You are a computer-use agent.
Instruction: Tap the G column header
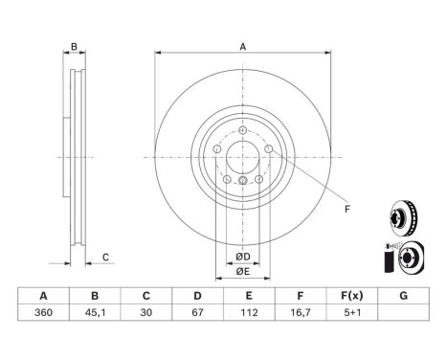pyautogui.click(x=403, y=297)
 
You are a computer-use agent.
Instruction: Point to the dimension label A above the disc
pyautogui.click(x=242, y=47)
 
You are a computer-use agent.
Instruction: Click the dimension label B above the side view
pyautogui.click(x=73, y=47)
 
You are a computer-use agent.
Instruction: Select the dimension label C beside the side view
pyautogui.click(x=106, y=256)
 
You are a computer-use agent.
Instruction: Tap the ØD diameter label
pyautogui.click(x=243, y=257)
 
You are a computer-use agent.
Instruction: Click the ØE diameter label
pyautogui.click(x=243, y=273)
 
